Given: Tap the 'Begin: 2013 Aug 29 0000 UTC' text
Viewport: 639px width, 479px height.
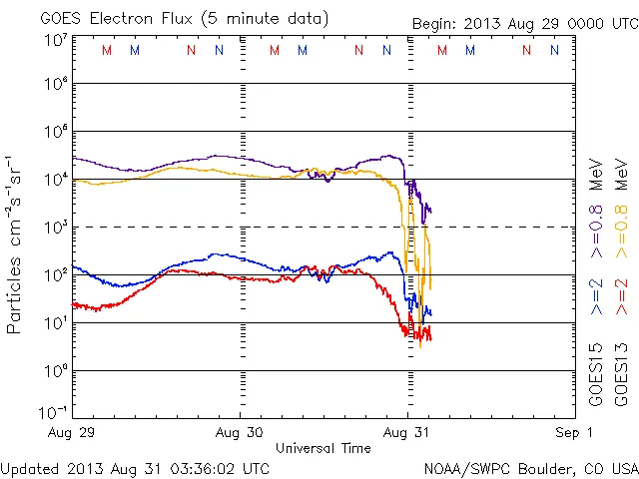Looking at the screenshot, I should (523, 25).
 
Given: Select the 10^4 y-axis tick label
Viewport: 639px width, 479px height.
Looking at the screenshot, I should (54, 179).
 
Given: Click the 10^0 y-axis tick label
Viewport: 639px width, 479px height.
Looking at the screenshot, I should (54, 370).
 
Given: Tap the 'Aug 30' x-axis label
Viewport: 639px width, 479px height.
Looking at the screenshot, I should (240, 433).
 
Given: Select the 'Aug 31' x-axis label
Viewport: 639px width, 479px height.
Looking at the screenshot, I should (407, 433).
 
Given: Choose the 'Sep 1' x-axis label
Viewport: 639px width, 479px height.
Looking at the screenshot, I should (575, 433).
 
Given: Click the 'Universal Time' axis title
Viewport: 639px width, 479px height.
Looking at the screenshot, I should (322, 448).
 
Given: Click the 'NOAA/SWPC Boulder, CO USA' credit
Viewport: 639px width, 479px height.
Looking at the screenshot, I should (530, 468).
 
